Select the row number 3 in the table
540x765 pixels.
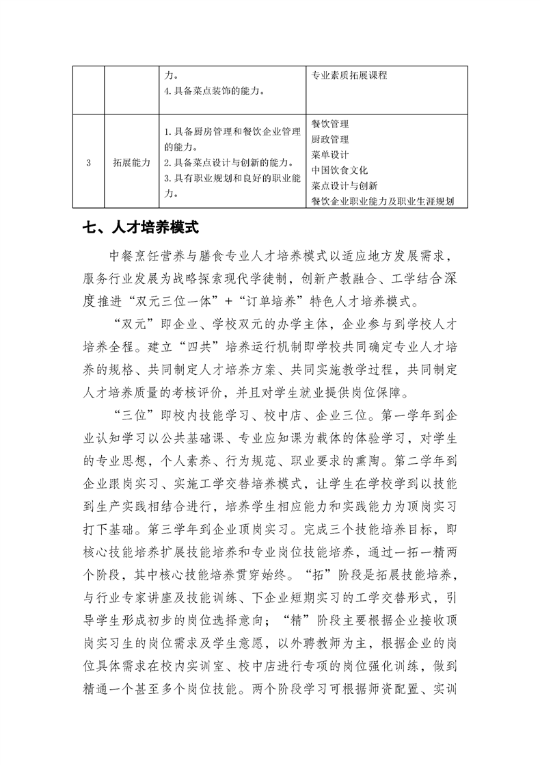[89, 162]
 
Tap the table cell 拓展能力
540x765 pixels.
[131, 162]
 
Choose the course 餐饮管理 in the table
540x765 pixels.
[329, 124]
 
